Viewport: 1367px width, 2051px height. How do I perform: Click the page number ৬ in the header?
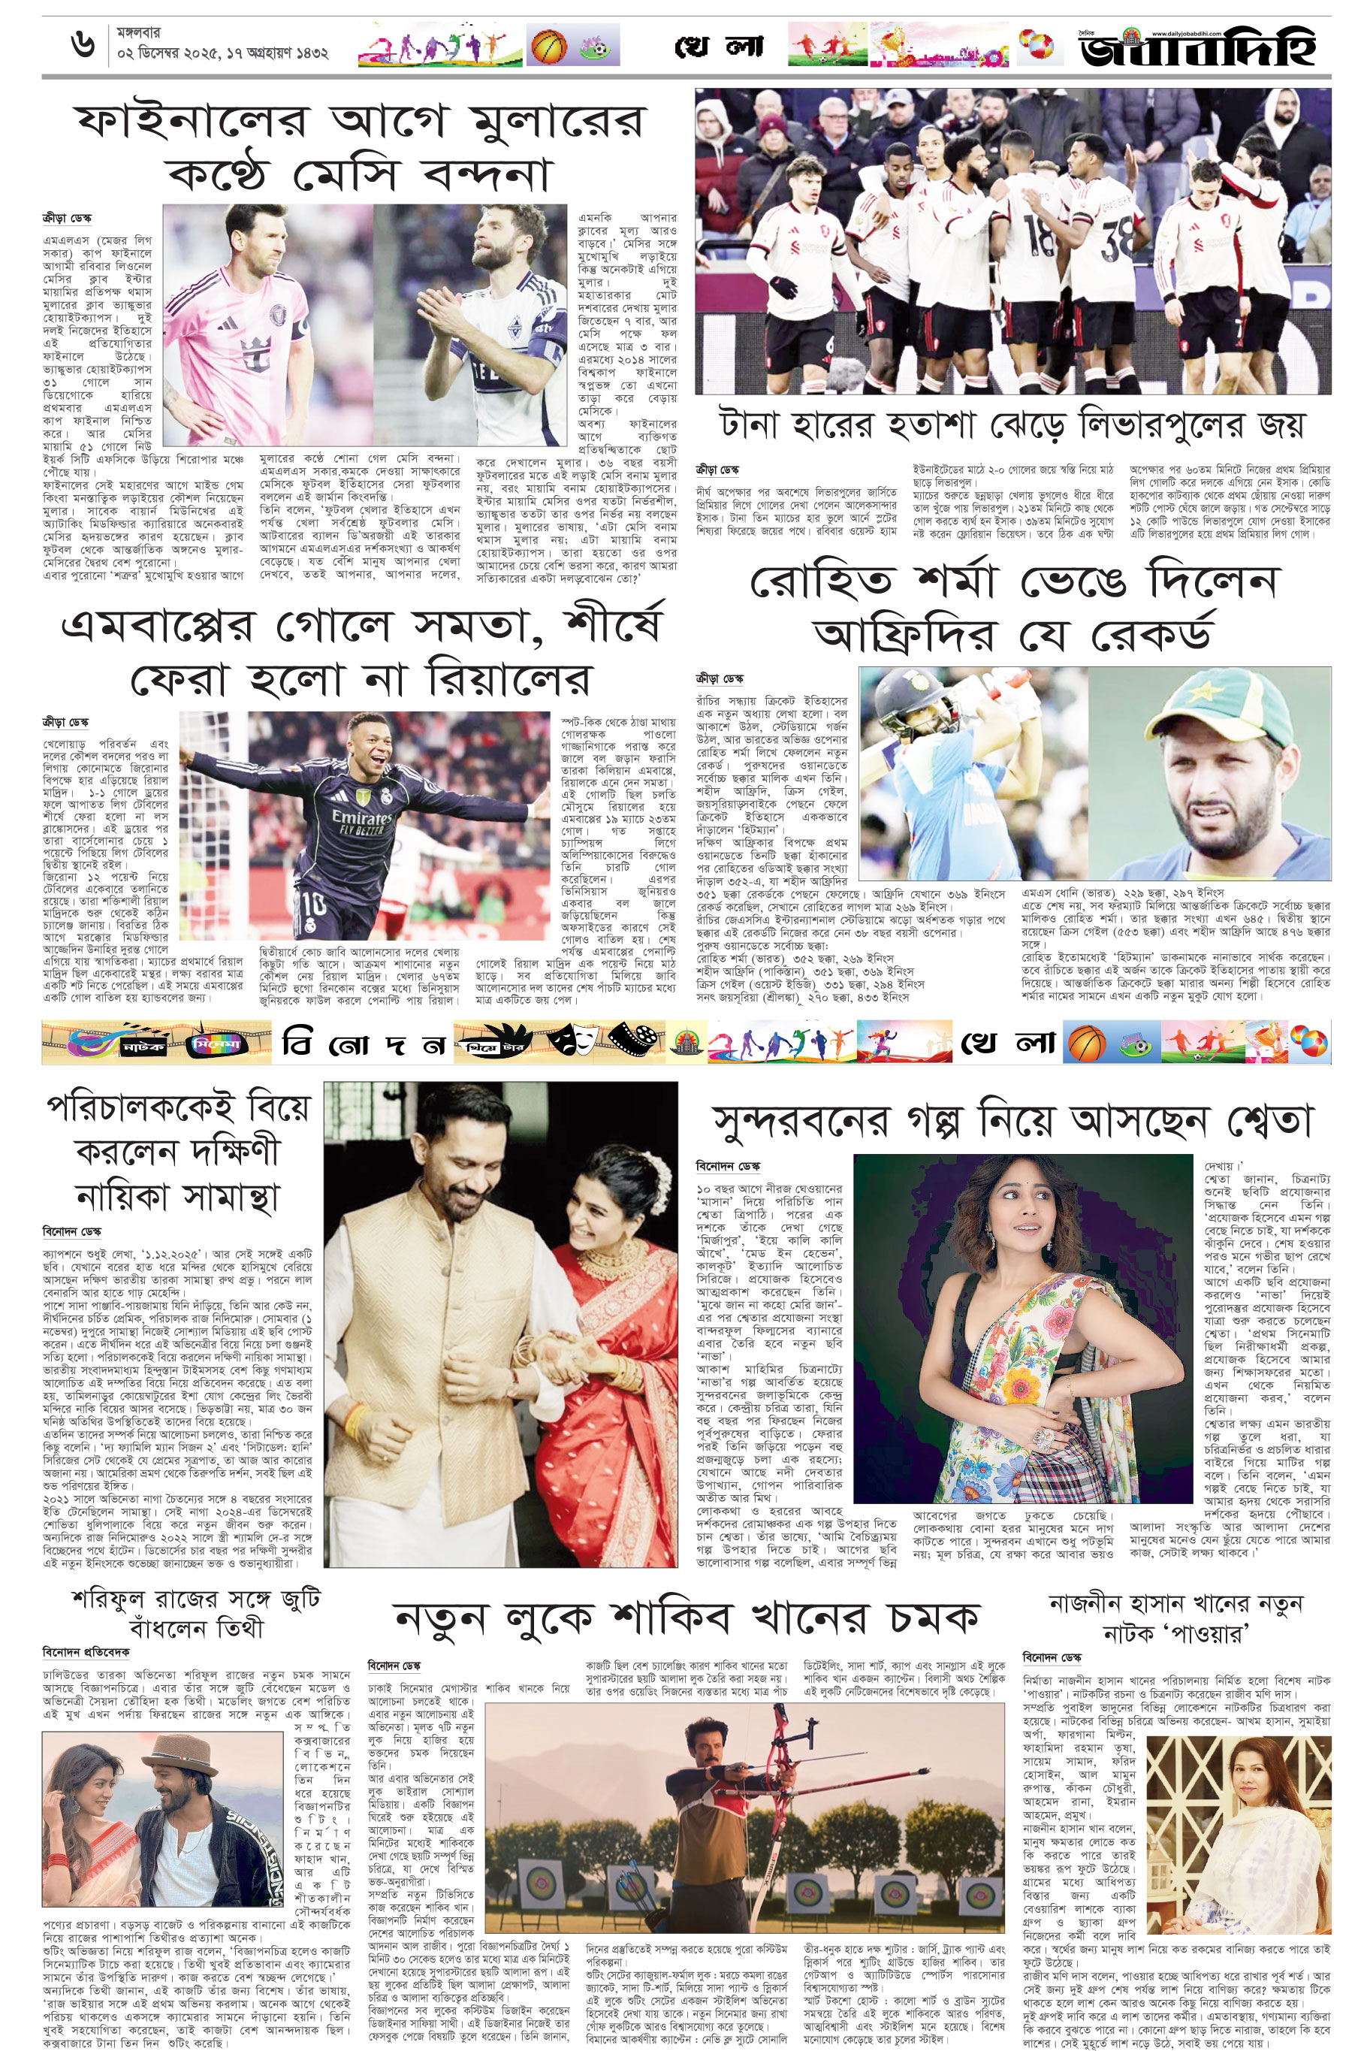[x=82, y=44]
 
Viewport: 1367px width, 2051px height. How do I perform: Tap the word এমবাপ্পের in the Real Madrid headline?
[x=158, y=626]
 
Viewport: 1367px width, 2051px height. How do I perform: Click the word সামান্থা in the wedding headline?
[x=231, y=1195]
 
